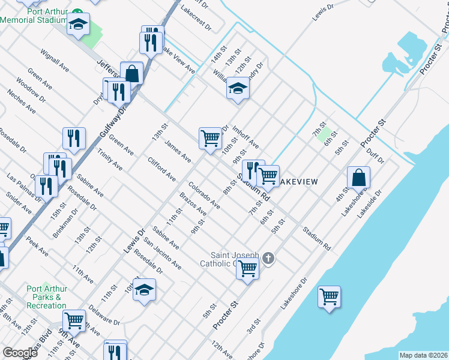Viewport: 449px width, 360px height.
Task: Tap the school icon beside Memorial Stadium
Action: (77, 25)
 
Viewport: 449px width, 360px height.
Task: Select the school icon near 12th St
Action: (238, 89)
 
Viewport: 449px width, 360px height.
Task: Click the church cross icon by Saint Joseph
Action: (268, 259)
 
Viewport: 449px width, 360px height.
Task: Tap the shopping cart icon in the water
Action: (329, 296)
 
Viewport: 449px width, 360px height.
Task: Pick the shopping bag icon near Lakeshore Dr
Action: (358, 178)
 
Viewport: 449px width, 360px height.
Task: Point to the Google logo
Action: (20, 352)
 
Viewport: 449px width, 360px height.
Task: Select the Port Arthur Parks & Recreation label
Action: (46, 297)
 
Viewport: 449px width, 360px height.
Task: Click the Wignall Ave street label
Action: (56, 61)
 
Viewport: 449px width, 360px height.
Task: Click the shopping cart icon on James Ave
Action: (210, 138)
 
